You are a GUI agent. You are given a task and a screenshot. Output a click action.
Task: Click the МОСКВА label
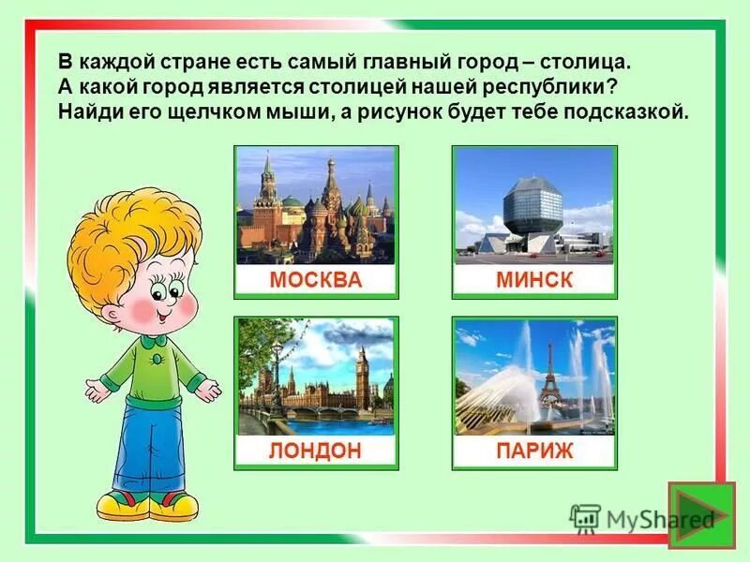point(315,280)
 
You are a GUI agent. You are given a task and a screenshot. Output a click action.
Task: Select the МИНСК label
point(533,280)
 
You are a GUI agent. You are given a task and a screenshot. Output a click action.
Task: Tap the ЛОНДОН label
point(315,451)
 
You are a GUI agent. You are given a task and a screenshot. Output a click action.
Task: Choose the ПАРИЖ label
point(533,451)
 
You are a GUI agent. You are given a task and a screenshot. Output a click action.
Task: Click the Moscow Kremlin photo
point(315,205)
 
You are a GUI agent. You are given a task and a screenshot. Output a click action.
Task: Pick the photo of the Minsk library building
point(533,205)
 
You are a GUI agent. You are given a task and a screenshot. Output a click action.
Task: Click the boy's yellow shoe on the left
point(123,506)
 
